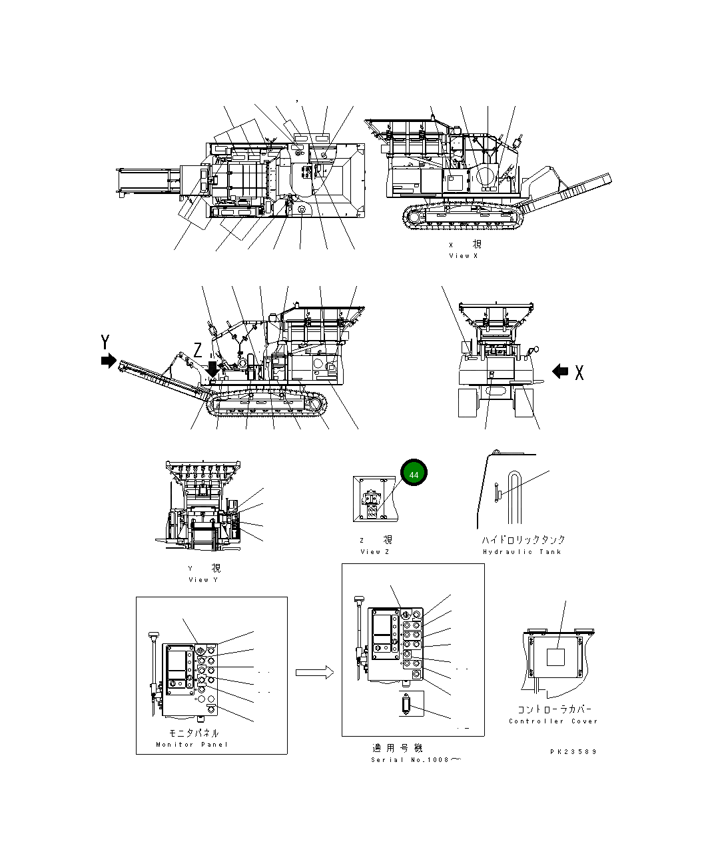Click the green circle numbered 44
click(x=414, y=474)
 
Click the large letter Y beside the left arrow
click(x=105, y=343)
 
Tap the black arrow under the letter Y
click(x=107, y=361)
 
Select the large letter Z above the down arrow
click(x=198, y=349)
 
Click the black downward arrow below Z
click(x=212, y=368)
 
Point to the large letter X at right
click(x=579, y=373)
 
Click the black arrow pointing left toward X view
click(x=560, y=371)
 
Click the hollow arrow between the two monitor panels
click(x=314, y=673)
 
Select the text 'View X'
click(x=463, y=256)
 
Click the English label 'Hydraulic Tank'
click(x=522, y=551)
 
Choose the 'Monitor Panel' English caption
click(x=191, y=745)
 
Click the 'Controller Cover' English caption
click(x=553, y=721)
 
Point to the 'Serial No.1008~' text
click(x=416, y=760)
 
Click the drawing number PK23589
click(x=573, y=751)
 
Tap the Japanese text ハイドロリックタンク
click(x=523, y=539)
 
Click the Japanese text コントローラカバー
click(x=553, y=709)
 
